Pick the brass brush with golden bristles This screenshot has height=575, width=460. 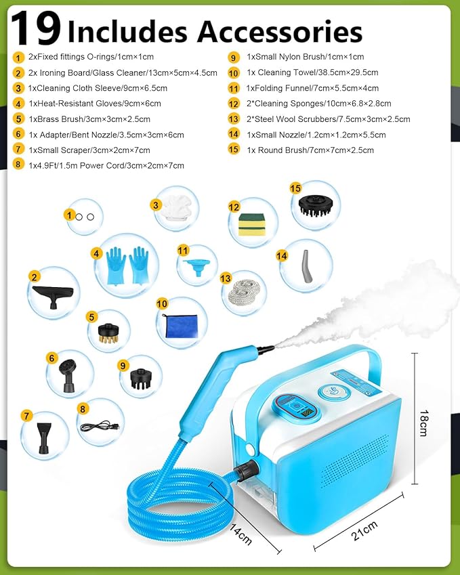(108, 331)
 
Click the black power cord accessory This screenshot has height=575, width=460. (102, 425)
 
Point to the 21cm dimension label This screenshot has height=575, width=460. (359, 529)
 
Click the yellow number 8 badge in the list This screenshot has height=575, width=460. (18, 165)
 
